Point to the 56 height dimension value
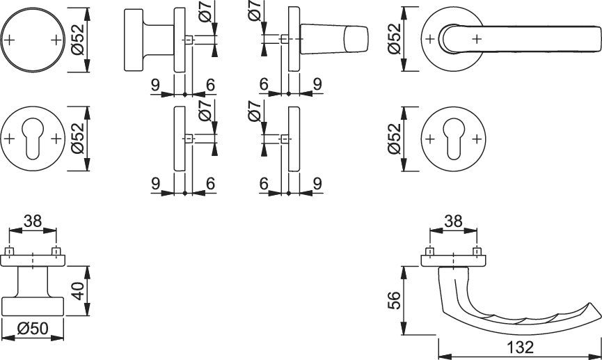pos(395,300)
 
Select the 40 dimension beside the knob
pos(78,291)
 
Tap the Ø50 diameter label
pos(33,329)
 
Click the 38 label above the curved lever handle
pos(453,221)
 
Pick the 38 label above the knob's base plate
pos(33,221)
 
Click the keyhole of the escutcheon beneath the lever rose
pos(454,139)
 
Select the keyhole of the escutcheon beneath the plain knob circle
pos(33,139)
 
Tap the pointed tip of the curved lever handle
pos(590,304)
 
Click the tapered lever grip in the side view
pos(333,38)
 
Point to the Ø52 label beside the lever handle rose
pos(395,39)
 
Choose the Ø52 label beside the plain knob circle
pos(78,40)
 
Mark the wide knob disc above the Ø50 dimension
pos(33,306)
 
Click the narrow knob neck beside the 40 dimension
pos(33,281)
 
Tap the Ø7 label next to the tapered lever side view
pos(255,10)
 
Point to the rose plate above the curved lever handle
pos(454,260)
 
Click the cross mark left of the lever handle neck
pos(430,39)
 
